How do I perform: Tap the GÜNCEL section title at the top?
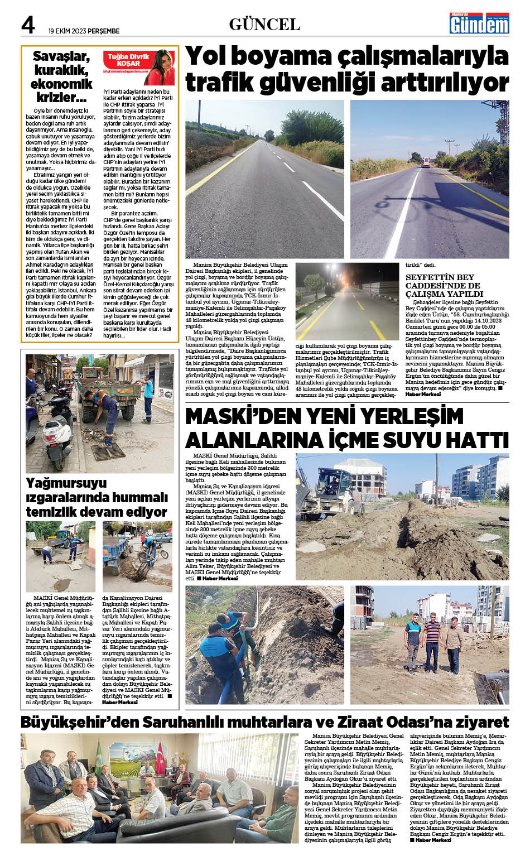point(264,25)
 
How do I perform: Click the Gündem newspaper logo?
point(480,23)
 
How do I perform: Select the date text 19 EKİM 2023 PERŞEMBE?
point(84,31)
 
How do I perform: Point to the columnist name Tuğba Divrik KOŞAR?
point(129,60)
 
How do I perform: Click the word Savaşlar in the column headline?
point(61,56)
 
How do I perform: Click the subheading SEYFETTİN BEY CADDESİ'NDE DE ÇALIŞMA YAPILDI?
point(444,285)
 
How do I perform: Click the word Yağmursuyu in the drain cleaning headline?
point(66,483)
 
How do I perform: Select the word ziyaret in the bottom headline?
point(483,722)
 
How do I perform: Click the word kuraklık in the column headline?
point(61,70)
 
